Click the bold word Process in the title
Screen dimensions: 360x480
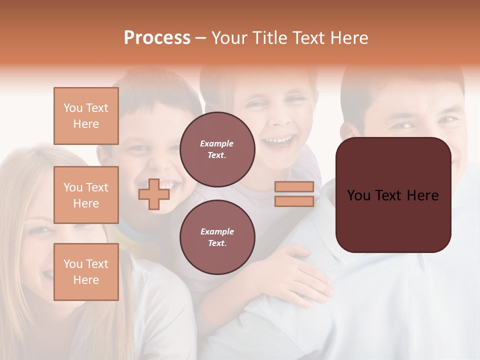pyautogui.click(x=157, y=38)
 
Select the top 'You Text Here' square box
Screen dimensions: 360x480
pyautogui.click(x=86, y=116)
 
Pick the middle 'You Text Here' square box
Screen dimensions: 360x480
pyautogui.click(x=86, y=195)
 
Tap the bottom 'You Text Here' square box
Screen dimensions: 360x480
pyautogui.click(x=86, y=272)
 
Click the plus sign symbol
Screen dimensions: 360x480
pyautogui.click(x=153, y=194)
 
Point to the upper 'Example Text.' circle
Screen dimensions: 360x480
pyautogui.click(x=217, y=149)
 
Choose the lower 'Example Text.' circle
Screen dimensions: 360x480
pyautogui.click(x=217, y=237)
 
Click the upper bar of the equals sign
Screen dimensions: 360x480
pyautogui.click(x=294, y=186)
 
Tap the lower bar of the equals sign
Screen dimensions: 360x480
pyautogui.click(x=294, y=201)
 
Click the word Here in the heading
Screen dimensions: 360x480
pyautogui.click(x=349, y=38)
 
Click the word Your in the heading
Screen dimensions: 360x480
pyautogui.click(x=227, y=38)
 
